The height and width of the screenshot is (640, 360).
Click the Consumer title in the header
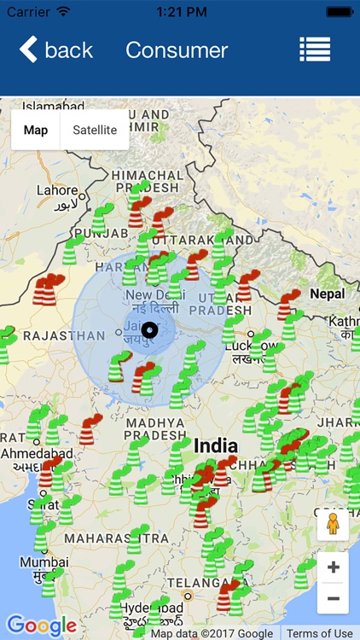click(x=177, y=49)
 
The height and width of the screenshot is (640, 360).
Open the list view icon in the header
click(x=315, y=49)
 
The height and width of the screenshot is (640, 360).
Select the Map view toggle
click(x=36, y=130)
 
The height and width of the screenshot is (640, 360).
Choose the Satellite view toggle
click(x=95, y=130)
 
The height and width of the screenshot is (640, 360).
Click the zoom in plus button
click(x=333, y=567)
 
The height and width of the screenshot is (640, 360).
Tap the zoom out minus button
click(x=333, y=598)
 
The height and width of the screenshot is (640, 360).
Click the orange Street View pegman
click(x=333, y=524)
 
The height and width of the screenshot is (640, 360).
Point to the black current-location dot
click(x=150, y=330)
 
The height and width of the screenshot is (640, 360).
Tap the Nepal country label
click(x=327, y=294)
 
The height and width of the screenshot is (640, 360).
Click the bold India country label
click(x=216, y=446)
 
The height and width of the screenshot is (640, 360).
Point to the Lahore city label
click(x=57, y=190)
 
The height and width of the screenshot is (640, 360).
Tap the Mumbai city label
click(x=44, y=563)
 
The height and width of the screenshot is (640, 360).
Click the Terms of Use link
click(x=319, y=633)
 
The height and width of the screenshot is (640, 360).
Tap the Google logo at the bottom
click(x=41, y=625)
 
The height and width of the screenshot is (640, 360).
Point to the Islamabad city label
click(x=55, y=106)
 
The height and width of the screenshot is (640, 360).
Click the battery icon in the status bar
click(x=339, y=11)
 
